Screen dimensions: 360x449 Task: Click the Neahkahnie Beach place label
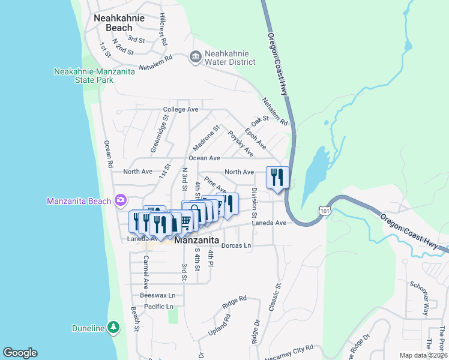pos(119,23)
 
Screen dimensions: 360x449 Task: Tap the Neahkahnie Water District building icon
pos(195,57)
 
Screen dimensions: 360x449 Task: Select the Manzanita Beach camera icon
pos(121,200)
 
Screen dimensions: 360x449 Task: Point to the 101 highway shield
pos(325,211)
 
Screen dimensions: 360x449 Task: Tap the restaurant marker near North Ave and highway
pos(277,178)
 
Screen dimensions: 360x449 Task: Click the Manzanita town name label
pos(200,240)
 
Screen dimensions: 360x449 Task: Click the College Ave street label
pos(180,110)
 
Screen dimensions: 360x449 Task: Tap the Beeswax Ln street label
pos(157,295)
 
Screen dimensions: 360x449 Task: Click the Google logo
pos(20,352)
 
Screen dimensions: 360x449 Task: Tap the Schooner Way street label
pos(416,298)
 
